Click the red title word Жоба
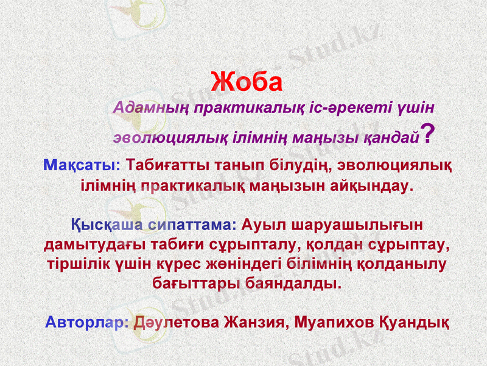(x=247, y=82)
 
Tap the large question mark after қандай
(x=428, y=134)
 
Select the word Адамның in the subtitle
(x=150, y=107)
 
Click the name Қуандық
(x=415, y=321)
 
